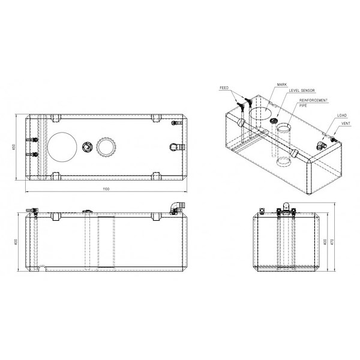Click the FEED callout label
[224, 88]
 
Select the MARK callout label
[282, 85]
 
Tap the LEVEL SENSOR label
[302, 91]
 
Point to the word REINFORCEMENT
[313, 100]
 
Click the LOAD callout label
[342, 115]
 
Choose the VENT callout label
[346, 124]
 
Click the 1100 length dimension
[106, 189]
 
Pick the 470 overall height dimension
[331, 242]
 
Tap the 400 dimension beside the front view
[16, 242]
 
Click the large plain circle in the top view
[62, 147]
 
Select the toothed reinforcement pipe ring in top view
[106, 147]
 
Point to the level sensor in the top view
[87, 147]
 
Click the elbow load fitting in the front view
[177, 208]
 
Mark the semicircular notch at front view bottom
[42, 268]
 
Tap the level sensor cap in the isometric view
[274, 121]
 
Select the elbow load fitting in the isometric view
[321, 145]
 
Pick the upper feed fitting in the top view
[32, 140]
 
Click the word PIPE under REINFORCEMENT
[303, 106]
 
